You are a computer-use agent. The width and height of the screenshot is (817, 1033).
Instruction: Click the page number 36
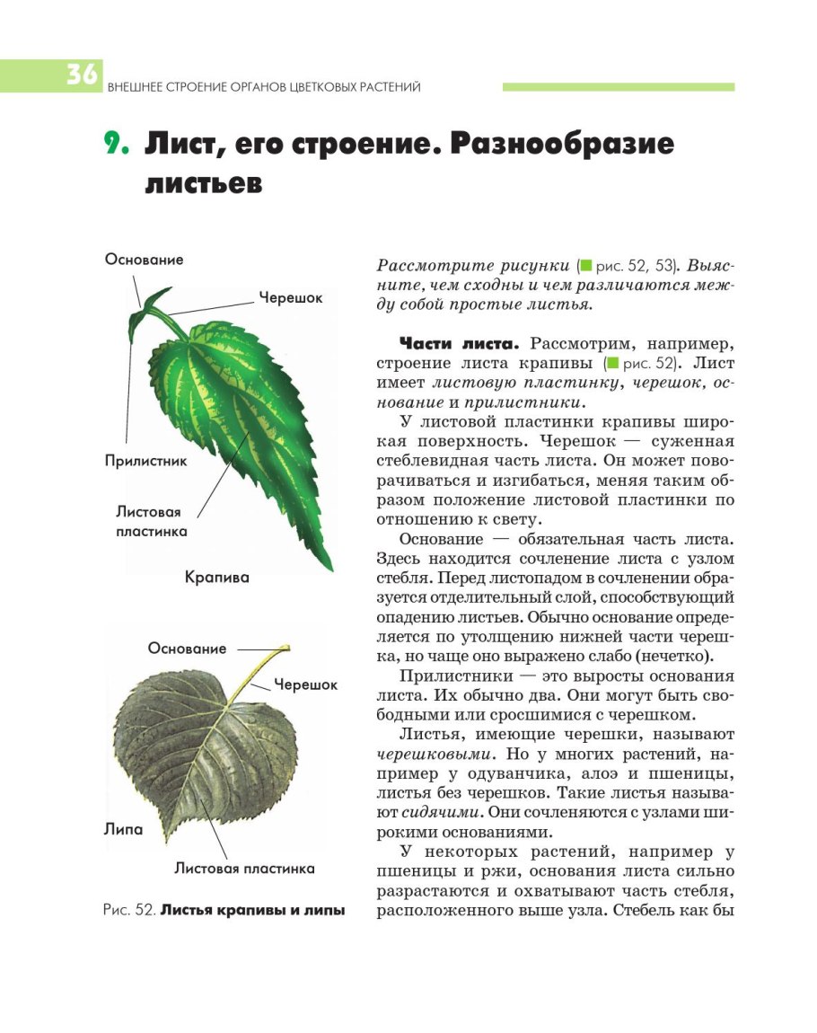(80, 75)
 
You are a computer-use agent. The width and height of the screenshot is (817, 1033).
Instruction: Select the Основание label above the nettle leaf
(144, 260)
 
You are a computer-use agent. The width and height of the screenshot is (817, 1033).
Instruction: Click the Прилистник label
(145, 461)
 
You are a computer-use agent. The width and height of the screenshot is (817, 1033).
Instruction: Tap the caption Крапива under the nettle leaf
(216, 578)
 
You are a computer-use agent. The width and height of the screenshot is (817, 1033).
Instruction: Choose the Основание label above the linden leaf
(188, 649)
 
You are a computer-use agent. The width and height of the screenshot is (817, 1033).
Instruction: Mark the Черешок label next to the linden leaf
(305, 684)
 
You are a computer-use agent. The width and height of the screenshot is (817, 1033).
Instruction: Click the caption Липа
(122, 829)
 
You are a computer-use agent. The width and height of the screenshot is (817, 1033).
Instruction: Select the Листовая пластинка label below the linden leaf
(244, 869)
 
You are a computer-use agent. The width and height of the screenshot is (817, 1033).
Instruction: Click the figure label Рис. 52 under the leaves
(129, 911)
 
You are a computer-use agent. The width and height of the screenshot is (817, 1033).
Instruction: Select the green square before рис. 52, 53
(586, 266)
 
